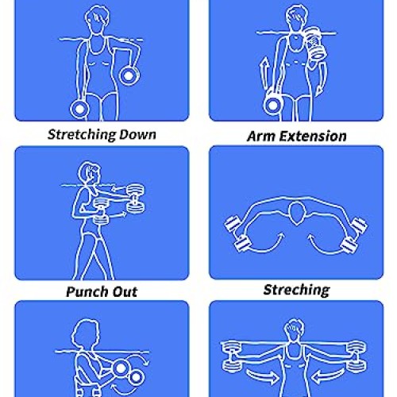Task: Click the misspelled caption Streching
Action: click(x=296, y=289)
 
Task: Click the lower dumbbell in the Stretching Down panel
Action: click(x=79, y=107)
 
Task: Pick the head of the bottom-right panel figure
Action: click(x=296, y=329)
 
